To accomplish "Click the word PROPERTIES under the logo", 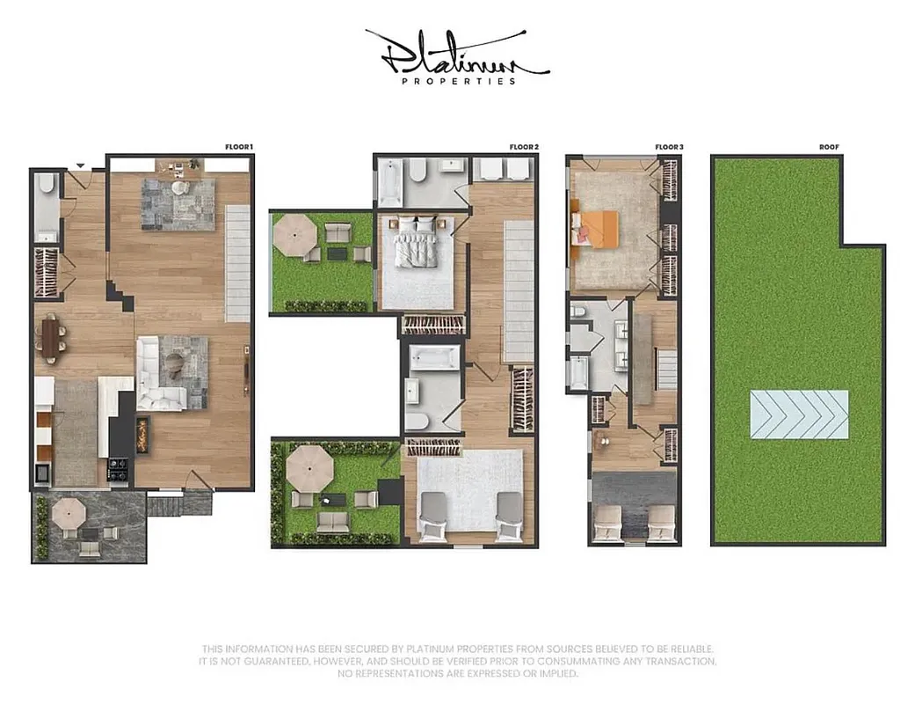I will coord(457,82).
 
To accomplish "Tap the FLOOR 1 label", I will coord(241,147).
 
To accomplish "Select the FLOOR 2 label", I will coord(524,147).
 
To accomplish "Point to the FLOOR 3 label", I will coord(669,147).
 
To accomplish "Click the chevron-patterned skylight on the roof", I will coord(799,414).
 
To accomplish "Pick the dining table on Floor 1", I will coord(49,339).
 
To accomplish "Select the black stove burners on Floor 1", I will coord(118,469).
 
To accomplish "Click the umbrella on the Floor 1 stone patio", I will coord(68,511).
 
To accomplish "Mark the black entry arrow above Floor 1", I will coord(80,165).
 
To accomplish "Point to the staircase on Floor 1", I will coord(237,262).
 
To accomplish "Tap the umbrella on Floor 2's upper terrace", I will coord(294,232).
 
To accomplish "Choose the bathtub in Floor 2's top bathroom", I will coord(389,182).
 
